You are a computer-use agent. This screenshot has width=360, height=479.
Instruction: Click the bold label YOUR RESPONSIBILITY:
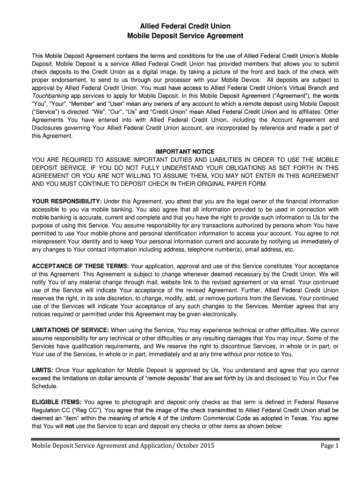pyautogui.click(x=67, y=201)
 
